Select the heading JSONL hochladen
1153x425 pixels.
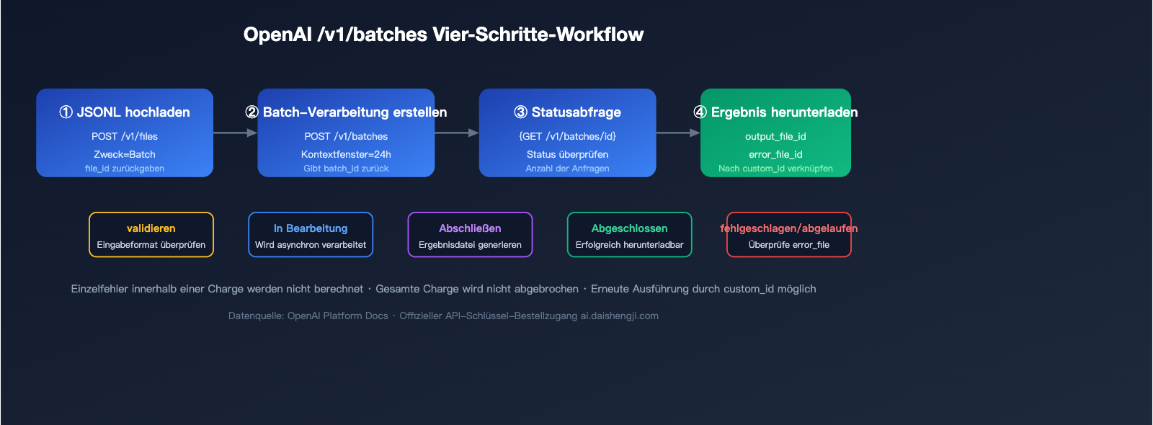(x=133, y=112)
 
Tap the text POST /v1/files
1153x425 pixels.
(x=125, y=136)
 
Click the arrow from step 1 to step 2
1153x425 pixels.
(x=235, y=133)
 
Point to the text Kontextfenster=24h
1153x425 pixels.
(x=346, y=154)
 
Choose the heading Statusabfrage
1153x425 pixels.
(x=576, y=112)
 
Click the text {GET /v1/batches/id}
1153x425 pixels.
(x=567, y=136)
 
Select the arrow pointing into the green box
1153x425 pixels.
(x=678, y=133)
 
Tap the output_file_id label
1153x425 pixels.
(x=775, y=136)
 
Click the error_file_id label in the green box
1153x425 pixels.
(x=775, y=154)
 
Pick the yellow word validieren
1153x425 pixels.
(x=151, y=228)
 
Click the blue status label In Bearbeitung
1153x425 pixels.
(x=311, y=228)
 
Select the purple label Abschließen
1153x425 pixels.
(x=470, y=228)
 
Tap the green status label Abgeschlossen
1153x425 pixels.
(x=629, y=228)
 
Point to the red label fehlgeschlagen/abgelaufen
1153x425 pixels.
(x=788, y=228)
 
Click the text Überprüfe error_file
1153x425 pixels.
(x=788, y=245)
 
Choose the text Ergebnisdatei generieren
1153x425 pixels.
(x=470, y=245)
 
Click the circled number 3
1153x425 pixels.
(x=520, y=112)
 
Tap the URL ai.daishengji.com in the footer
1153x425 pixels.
(x=620, y=316)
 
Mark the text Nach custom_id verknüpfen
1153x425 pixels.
(x=775, y=169)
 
